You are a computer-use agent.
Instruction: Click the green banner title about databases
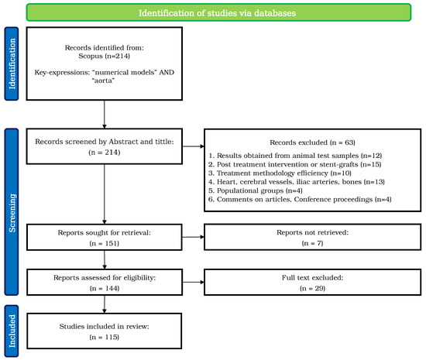point(217,13)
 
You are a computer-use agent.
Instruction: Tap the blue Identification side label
point(12,63)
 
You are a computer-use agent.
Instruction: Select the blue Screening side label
point(12,213)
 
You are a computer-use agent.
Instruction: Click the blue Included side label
point(12,331)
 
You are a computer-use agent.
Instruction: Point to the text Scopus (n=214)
point(105,56)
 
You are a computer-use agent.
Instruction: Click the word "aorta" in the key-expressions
point(103,81)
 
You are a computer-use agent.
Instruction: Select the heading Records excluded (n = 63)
point(312,142)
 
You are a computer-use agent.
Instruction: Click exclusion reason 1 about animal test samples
point(295,156)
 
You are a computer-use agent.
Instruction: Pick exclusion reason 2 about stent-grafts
point(295,164)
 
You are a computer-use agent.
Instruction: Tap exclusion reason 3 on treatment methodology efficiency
point(280,173)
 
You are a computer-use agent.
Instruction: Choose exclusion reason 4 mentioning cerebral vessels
point(297,182)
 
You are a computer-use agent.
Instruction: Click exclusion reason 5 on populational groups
point(256,190)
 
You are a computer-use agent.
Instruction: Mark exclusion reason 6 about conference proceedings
point(300,199)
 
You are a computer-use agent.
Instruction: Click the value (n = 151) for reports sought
point(105,243)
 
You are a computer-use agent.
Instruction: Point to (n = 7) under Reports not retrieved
point(312,243)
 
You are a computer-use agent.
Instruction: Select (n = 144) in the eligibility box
point(105,288)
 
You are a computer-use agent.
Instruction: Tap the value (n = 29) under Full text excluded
point(312,288)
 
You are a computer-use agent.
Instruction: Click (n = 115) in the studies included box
point(105,337)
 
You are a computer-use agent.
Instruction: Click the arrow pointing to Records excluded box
point(193,146)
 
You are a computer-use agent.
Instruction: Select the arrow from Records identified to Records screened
point(105,115)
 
